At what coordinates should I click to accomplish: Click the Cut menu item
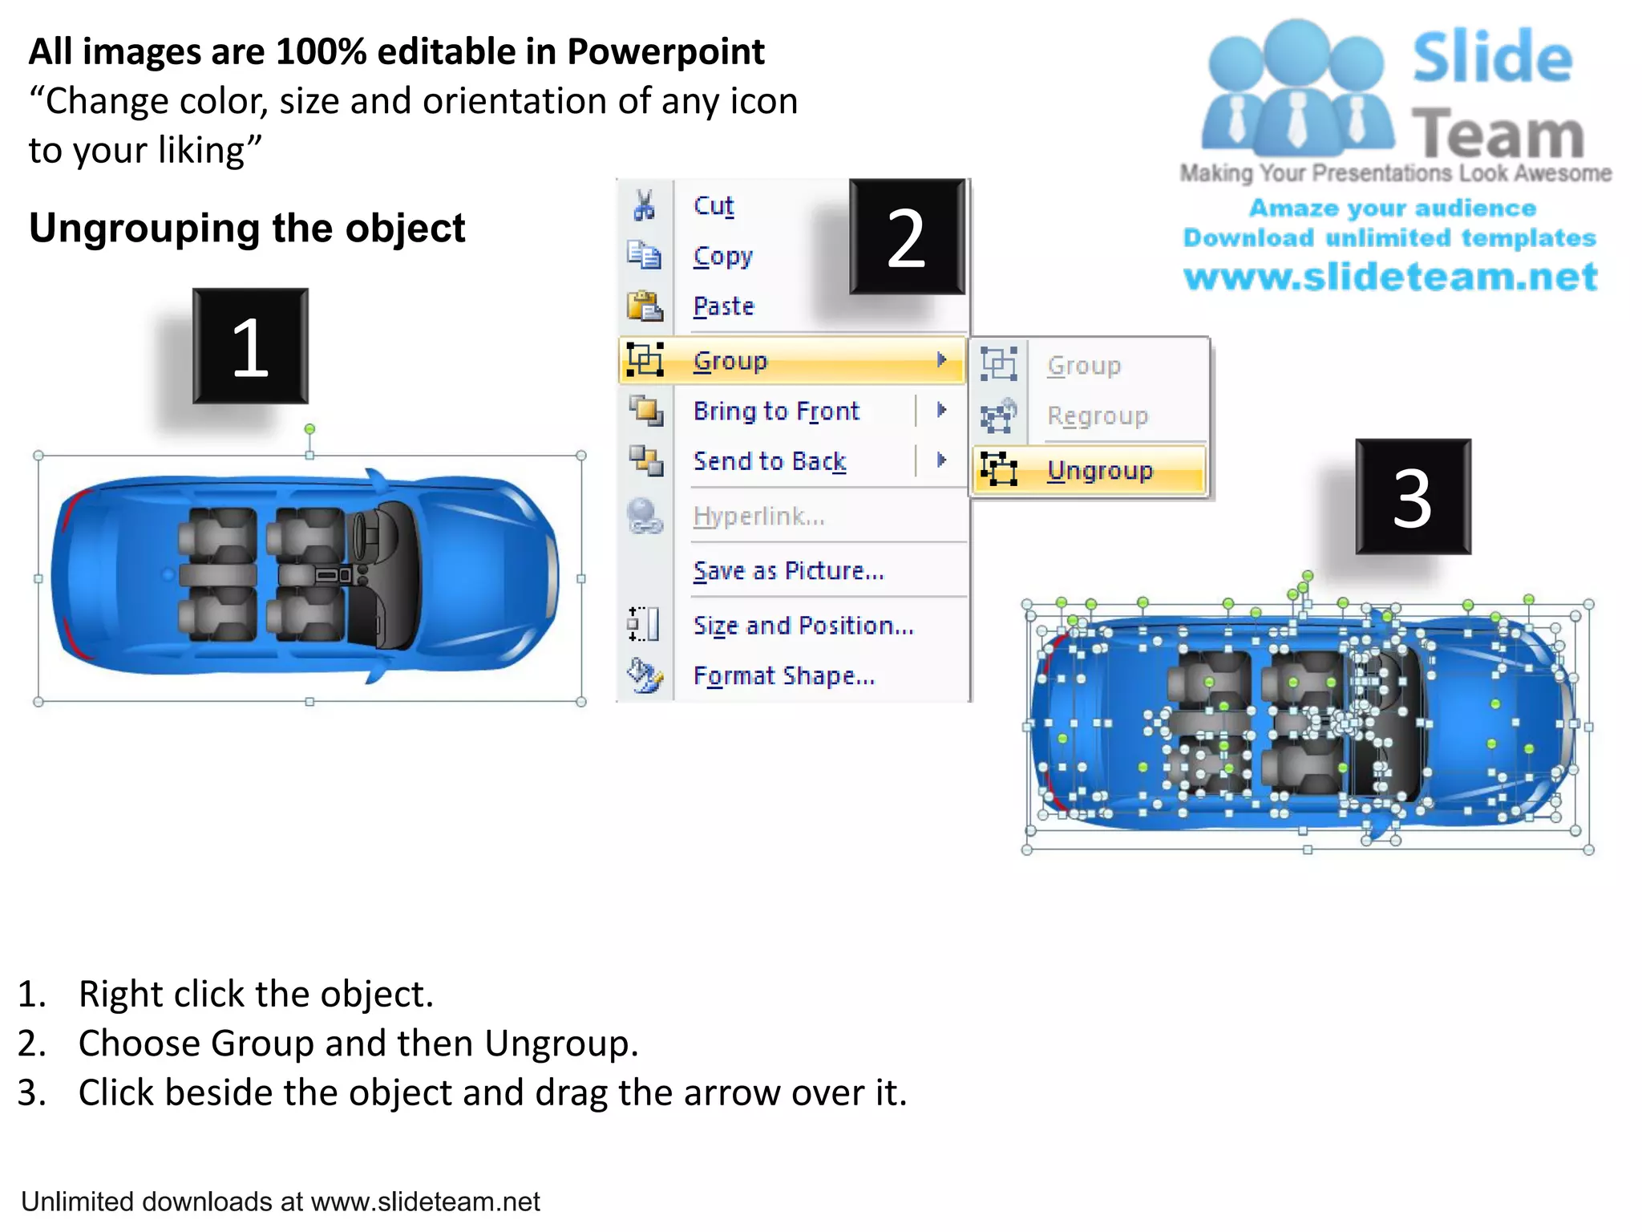713,206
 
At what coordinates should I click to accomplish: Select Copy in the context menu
722,257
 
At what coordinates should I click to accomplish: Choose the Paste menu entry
723,306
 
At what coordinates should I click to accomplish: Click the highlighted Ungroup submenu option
1099,470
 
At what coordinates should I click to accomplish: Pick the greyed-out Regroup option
1097,416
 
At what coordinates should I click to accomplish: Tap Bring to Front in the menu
775,411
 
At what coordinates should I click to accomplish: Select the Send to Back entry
769,461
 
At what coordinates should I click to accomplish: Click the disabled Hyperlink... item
758,517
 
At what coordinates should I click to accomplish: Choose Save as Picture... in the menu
788,571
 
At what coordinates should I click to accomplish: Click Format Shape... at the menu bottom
783,676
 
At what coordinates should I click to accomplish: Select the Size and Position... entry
803,626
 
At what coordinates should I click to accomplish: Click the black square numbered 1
250,346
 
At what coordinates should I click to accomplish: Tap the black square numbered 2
907,237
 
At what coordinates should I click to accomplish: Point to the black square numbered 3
1413,497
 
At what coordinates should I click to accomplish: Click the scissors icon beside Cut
644,205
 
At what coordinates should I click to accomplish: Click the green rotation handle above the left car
309,430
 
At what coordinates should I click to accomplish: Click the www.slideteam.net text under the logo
1390,277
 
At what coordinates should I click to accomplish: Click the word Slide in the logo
1491,58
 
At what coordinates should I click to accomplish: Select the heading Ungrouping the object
247,229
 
